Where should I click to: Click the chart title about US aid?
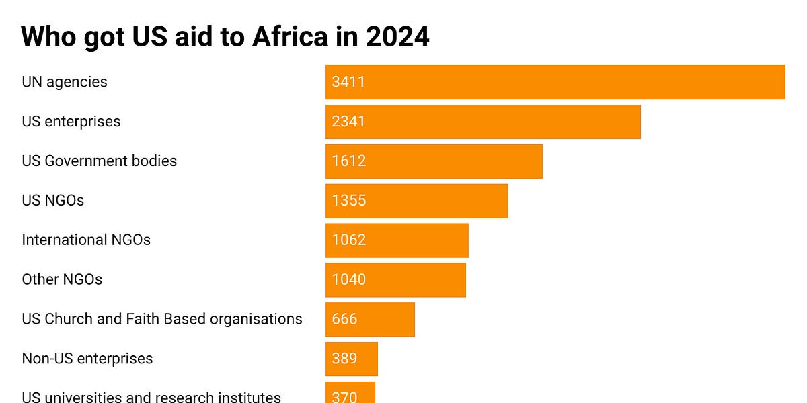[x=225, y=37]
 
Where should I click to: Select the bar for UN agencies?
[x=555, y=82]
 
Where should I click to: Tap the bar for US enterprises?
[x=483, y=122]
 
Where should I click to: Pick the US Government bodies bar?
[x=434, y=161]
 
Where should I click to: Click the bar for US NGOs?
[x=417, y=201]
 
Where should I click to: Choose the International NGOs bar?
[x=397, y=240]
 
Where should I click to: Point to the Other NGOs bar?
[x=395, y=280]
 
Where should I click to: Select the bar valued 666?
[x=370, y=320]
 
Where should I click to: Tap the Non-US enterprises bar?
[x=352, y=359]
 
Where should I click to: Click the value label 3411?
[x=348, y=82]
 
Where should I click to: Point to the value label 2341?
[x=348, y=122]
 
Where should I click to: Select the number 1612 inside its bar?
[x=348, y=161]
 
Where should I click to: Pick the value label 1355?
[x=348, y=201]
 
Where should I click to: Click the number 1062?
[x=348, y=240]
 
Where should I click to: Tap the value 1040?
[x=348, y=280]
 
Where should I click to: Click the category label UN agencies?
[x=65, y=82]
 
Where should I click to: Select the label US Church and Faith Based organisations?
[x=162, y=319]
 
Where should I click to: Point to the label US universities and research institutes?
[x=151, y=396]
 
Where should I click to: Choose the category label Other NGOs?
[x=62, y=279]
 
